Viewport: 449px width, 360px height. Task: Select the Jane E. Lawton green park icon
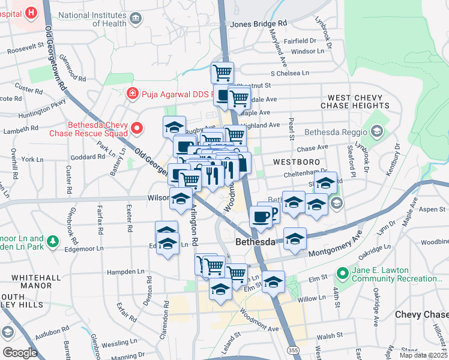pos(343,274)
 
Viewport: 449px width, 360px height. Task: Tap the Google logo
pos(20,352)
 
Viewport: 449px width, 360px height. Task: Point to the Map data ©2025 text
pos(423,355)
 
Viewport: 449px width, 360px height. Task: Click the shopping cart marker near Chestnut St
pos(222,73)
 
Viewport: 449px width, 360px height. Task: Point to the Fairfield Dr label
pos(300,41)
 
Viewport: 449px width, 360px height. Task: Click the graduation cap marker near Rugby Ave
pos(174,127)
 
